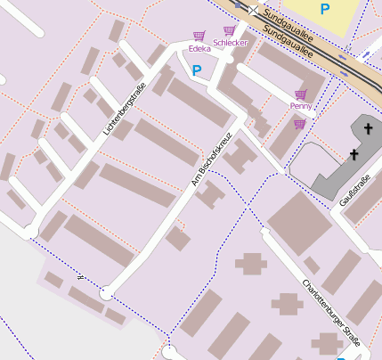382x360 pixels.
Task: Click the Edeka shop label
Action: [200, 49]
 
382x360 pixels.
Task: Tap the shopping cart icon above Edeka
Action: [199, 37]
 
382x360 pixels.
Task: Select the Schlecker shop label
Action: [231, 43]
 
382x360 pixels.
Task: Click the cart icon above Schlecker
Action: [229, 30]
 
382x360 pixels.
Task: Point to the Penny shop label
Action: [301, 106]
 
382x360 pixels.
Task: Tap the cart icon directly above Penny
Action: [301, 94]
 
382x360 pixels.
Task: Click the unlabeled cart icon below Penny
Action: [300, 124]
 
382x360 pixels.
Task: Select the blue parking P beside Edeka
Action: [197, 70]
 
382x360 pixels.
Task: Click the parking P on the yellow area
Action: [325, 9]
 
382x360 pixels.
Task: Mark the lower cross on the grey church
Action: [353, 155]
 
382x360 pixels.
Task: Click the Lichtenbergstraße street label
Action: [124, 108]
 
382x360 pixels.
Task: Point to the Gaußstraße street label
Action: [354, 190]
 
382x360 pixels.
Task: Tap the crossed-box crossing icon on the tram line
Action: [254, 10]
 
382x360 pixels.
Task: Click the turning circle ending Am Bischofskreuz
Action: [107, 292]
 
